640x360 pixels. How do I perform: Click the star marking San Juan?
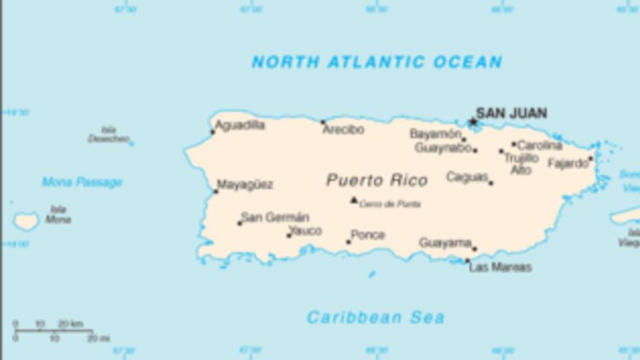(473, 122)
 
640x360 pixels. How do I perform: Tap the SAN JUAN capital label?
(511, 113)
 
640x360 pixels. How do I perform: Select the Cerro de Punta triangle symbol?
(354, 200)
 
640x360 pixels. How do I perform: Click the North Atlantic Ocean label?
(377, 62)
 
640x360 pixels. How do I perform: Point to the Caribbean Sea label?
(375, 318)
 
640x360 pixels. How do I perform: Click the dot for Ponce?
(348, 242)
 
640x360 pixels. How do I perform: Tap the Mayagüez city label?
(245, 185)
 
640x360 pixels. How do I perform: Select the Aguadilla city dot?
(213, 132)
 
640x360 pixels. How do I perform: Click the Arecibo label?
(343, 130)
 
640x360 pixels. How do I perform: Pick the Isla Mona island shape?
(26, 220)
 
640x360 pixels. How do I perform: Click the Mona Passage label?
(82, 182)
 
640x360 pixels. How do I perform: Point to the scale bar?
(53, 331)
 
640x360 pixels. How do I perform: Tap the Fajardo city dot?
(590, 158)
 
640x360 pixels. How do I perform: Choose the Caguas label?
(467, 177)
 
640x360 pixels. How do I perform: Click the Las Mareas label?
(500, 267)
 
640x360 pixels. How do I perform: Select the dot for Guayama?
(474, 249)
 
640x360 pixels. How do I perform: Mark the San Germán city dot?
(240, 223)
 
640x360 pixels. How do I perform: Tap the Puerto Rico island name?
(377, 180)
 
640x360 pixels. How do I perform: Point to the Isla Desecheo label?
(109, 134)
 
